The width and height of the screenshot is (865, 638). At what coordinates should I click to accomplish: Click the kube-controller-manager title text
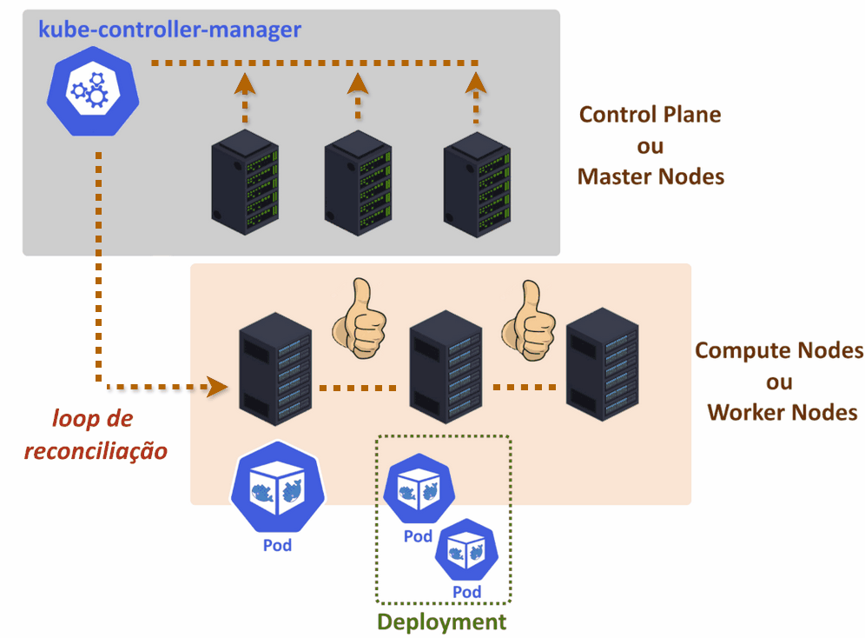(x=169, y=30)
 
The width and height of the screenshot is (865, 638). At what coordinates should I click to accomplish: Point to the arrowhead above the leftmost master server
(x=245, y=83)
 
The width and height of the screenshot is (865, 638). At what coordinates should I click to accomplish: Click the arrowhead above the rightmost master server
(x=475, y=83)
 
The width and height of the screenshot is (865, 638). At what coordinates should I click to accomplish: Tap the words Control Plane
(x=650, y=115)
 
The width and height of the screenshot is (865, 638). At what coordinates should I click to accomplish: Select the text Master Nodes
(x=650, y=176)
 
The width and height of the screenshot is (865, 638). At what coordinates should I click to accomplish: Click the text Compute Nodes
(x=779, y=351)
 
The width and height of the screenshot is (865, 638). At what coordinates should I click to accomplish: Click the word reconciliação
(x=96, y=451)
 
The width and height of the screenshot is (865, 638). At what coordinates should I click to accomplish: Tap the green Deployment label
(x=441, y=621)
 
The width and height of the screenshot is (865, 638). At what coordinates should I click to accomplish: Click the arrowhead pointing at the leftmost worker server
(x=215, y=383)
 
